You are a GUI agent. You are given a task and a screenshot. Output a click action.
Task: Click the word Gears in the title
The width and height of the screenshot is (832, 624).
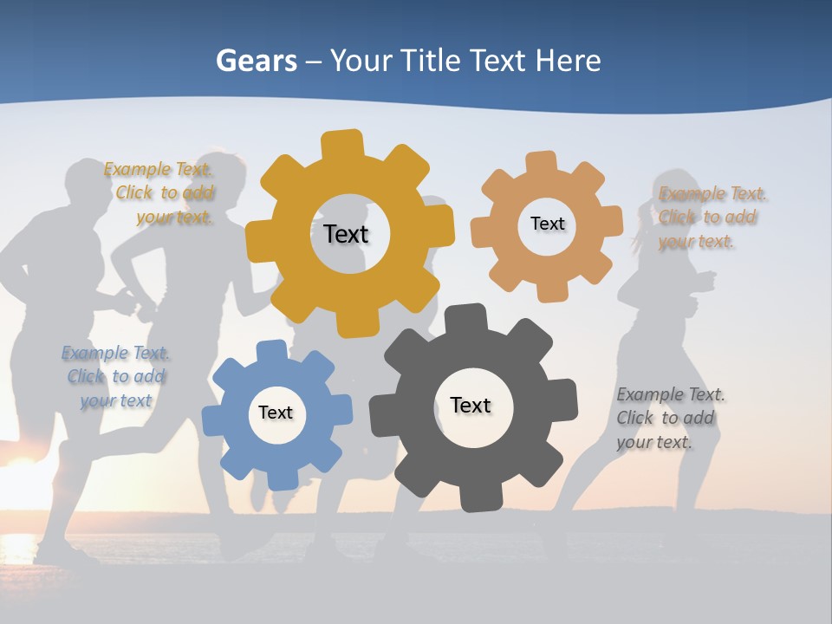(x=256, y=61)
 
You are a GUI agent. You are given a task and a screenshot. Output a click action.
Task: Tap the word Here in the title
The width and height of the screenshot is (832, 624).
(x=568, y=61)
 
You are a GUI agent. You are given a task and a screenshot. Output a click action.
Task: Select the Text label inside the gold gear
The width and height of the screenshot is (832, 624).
(x=346, y=234)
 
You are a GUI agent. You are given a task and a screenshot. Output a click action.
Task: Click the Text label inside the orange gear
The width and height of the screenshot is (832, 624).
(x=547, y=224)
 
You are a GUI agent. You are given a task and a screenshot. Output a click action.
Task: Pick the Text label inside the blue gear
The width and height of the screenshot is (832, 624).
(x=276, y=413)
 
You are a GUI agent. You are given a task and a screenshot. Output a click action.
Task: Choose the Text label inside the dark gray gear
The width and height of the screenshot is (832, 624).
(x=471, y=405)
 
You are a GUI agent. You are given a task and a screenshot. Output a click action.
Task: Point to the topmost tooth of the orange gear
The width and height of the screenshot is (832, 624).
(x=541, y=162)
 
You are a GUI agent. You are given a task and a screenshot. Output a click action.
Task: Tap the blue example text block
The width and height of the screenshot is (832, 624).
(x=116, y=376)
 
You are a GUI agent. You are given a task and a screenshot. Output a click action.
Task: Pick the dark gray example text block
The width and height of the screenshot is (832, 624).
(x=669, y=418)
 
